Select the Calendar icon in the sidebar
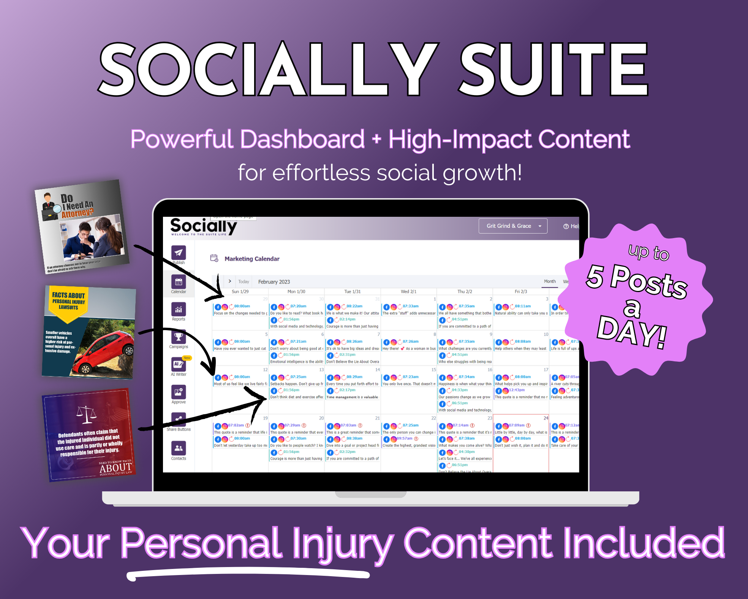[x=178, y=282]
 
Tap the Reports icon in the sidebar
[x=178, y=309]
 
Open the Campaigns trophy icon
[x=178, y=337]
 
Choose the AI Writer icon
[x=178, y=364]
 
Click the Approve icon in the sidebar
[x=178, y=392]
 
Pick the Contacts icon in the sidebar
[x=178, y=448]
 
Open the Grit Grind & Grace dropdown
[x=512, y=226]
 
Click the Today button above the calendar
[x=244, y=282]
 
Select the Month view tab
[x=550, y=281]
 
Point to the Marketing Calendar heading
[x=252, y=259]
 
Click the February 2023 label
[x=274, y=282]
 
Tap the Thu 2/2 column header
[x=465, y=292]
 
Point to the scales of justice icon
[x=87, y=414]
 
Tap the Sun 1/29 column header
[x=240, y=292]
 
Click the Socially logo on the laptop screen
[x=203, y=226]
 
